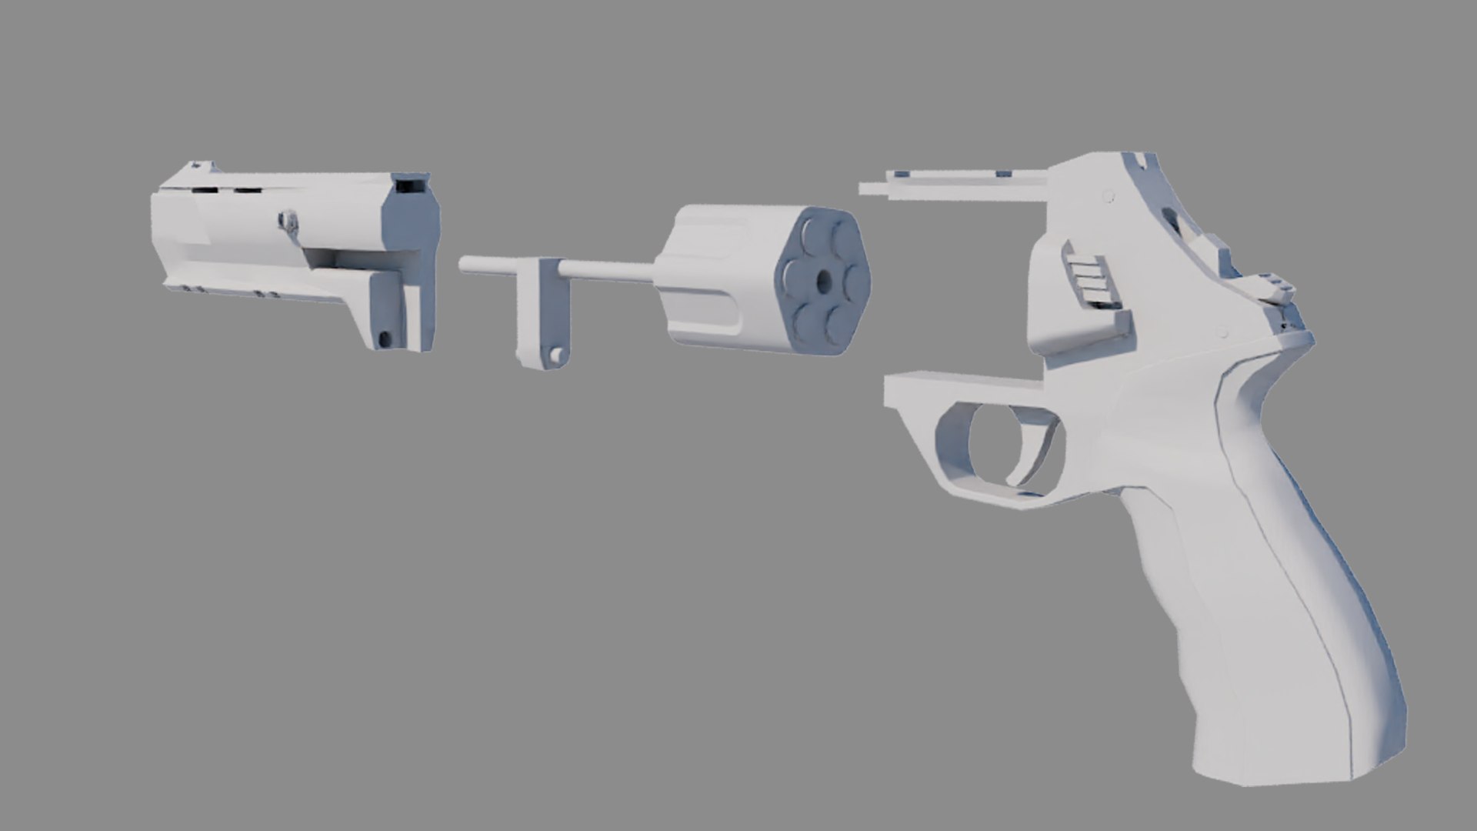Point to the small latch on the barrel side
[289, 222]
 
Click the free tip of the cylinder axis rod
[464, 265]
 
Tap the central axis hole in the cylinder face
[824, 282]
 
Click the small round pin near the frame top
[1108, 195]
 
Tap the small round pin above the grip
[1222, 333]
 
